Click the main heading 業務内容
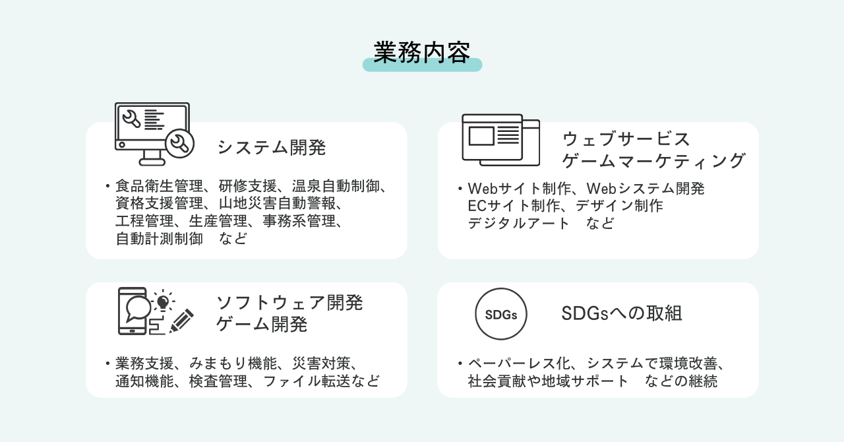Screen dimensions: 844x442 click(x=422, y=52)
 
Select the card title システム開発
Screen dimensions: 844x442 click(x=271, y=147)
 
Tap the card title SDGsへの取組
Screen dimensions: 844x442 click(x=621, y=313)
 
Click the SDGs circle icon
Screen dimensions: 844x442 click(x=500, y=314)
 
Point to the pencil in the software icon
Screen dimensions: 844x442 click(x=181, y=321)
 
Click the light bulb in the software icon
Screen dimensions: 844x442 click(x=163, y=301)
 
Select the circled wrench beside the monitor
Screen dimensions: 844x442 click(x=180, y=143)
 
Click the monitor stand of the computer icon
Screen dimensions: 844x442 click(x=152, y=158)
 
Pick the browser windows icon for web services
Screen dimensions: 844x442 click(x=500, y=140)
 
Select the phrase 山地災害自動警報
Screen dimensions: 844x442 click(x=277, y=203)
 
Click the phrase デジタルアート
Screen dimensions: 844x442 click(x=518, y=223)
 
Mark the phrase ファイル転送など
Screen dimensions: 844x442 click(x=321, y=381)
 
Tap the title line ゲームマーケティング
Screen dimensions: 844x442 click(x=653, y=161)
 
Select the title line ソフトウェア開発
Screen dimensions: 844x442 click(x=289, y=303)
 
